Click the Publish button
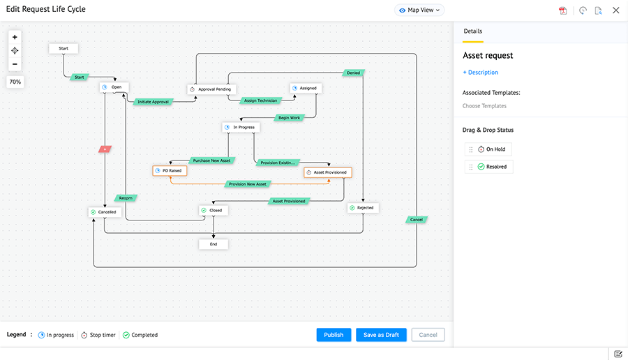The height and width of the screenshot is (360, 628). click(334, 335)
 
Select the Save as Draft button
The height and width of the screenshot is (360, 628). click(381, 335)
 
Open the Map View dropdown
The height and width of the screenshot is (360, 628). click(419, 10)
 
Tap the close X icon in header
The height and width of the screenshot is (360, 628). click(615, 10)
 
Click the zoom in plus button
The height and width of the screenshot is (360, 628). click(15, 37)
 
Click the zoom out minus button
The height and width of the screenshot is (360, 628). click(15, 65)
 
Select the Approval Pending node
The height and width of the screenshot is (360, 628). click(212, 89)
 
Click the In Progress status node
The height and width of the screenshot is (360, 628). click(241, 127)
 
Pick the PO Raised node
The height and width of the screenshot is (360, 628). click(170, 170)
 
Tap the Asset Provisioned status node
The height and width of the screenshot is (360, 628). click(328, 172)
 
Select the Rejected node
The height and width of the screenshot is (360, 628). click(363, 207)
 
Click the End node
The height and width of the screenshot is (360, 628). click(214, 244)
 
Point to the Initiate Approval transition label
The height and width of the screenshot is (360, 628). click(153, 102)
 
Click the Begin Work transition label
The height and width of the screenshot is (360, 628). click(289, 118)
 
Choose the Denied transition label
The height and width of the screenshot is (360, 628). click(353, 73)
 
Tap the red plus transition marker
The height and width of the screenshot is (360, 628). click(105, 149)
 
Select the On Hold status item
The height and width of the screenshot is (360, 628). click(491, 149)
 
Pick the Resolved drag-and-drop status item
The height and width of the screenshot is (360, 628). click(491, 167)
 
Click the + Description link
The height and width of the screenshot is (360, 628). click(480, 73)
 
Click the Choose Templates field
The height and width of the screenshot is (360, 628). click(484, 106)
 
